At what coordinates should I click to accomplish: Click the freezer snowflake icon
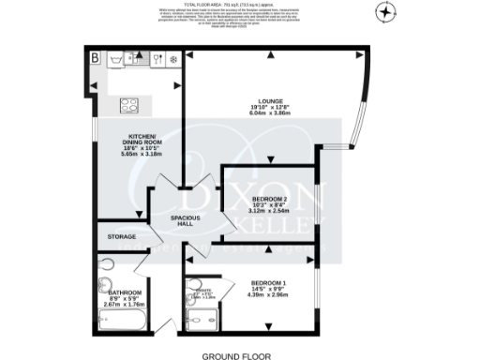tap(172, 59)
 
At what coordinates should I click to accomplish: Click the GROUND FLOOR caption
tap(237, 355)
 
